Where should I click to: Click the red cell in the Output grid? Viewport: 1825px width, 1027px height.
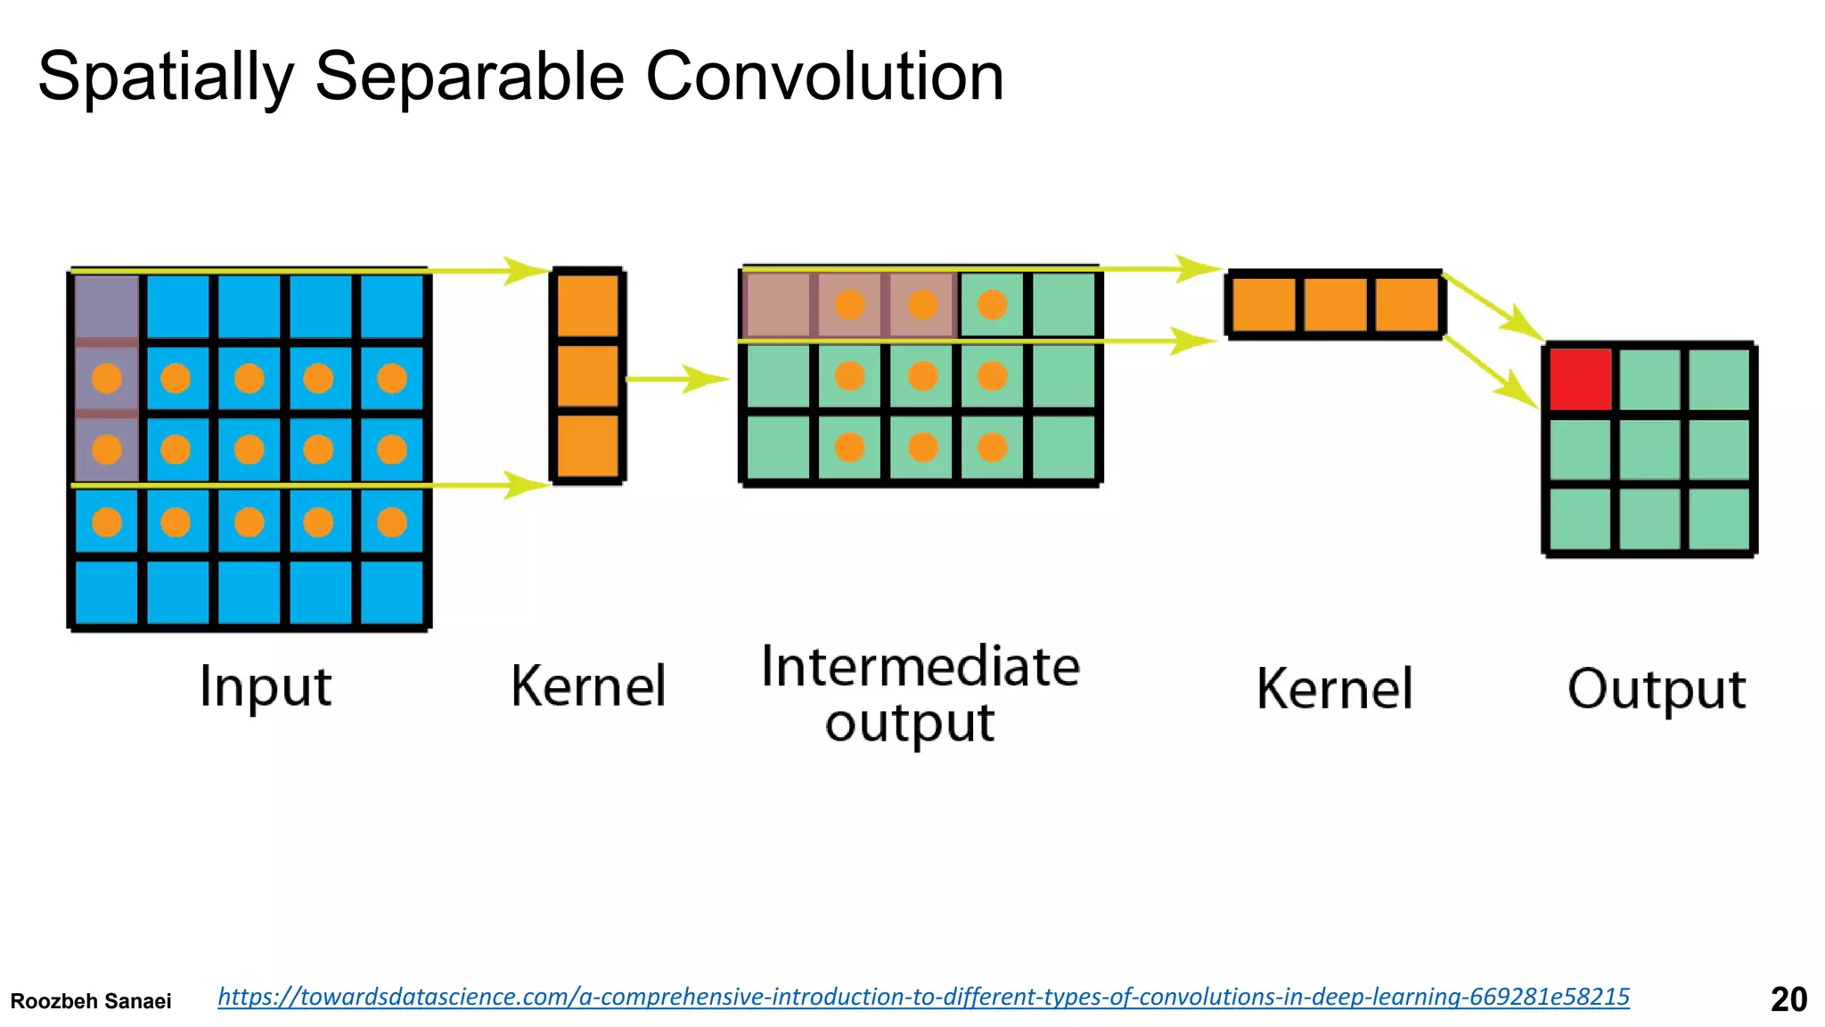pyautogui.click(x=1580, y=379)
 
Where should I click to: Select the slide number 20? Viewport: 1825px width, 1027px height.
pyautogui.click(x=1788, y=999)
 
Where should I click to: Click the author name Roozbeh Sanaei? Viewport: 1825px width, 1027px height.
pyautogui.click(x=91, y=1001)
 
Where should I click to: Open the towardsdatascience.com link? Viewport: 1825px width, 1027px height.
pyautogui.click(x=923, y=997)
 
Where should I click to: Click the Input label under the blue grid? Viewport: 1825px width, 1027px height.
pyautogui.click(x=266, y=687)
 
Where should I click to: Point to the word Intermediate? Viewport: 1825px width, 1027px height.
pyautogui.click(x=921, y=667)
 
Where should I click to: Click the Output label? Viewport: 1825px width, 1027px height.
pyautogui.click(x=1656, y=689)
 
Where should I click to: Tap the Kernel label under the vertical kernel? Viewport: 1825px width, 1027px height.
pyautogui.click(x=588, y=686)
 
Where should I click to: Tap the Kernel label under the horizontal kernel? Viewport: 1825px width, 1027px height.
pyautogui.click(x=1334, y=689)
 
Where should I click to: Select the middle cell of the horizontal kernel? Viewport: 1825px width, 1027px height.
pyautogui.click(x=1335, y=305)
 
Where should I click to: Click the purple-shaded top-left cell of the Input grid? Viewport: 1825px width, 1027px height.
pyautogui.click(x=107, y=306)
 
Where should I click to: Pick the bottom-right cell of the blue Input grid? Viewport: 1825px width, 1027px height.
pyautogui.click(x=392, y=592)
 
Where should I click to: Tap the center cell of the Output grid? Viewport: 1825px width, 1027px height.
pyautogui.click(x=1649, y=449)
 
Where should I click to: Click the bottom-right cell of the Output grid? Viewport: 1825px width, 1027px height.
pyautogui.click(x=1719, y=520)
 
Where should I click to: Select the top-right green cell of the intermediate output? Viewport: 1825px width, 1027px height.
pyautogui.click(x=1064, y=305)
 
